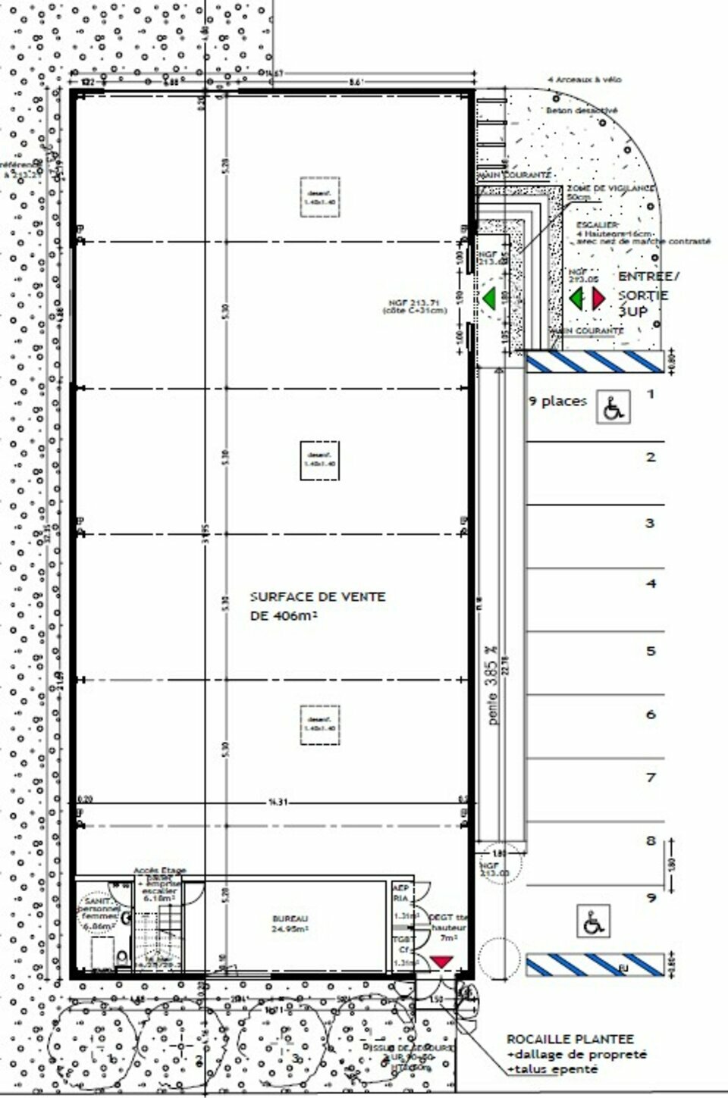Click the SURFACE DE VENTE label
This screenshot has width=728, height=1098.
(x=318, y=597)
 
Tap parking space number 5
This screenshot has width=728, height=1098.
(x=650, y=651)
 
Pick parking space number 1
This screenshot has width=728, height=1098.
(x=650, y=393)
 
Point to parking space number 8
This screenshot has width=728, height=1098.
(x=650, y=840)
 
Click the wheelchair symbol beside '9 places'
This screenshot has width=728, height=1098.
(x=613, y=407)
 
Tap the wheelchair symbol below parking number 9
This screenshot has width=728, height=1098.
(x=591, y=921)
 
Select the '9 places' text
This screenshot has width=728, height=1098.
(x=557, y=401)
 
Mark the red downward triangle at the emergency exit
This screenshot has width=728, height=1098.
(x=441, y=962)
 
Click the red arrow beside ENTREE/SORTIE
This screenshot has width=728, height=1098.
(x=598, y=299)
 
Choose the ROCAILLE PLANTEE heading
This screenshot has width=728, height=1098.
(x=570, y=1039)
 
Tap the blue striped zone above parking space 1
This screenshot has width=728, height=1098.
(x=595, y=362)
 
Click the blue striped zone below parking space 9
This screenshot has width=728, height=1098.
(x=595, y=965)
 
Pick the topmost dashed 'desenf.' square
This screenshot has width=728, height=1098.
(x=319, y=198)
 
